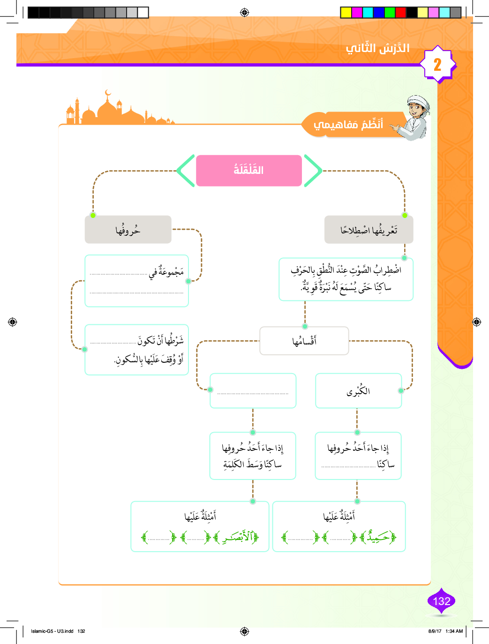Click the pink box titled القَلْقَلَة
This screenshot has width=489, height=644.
click(248, 171)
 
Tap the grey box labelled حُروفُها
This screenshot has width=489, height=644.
click(128, 230)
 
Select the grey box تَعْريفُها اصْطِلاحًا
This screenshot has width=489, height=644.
click(369, 230)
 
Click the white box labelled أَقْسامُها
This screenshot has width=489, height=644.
click(304, 341)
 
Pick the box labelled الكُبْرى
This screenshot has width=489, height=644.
click(358, 391)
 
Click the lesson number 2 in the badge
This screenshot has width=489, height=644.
click(437, 65)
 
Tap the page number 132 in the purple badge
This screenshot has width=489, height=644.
click(441, 601)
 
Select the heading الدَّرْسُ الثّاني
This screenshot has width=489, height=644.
click(378, 48)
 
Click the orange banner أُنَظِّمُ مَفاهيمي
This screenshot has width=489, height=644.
click(348, 124)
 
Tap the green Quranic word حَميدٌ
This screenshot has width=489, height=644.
click(378, 537)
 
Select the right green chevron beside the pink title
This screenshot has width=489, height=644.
click(313, 171)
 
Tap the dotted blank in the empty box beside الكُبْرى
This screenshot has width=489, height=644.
click(253, 393)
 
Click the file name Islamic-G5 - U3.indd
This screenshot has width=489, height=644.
click(52, 631)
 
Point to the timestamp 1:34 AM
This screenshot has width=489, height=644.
click(454, 631)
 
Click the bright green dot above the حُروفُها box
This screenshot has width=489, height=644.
click(93, 215)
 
